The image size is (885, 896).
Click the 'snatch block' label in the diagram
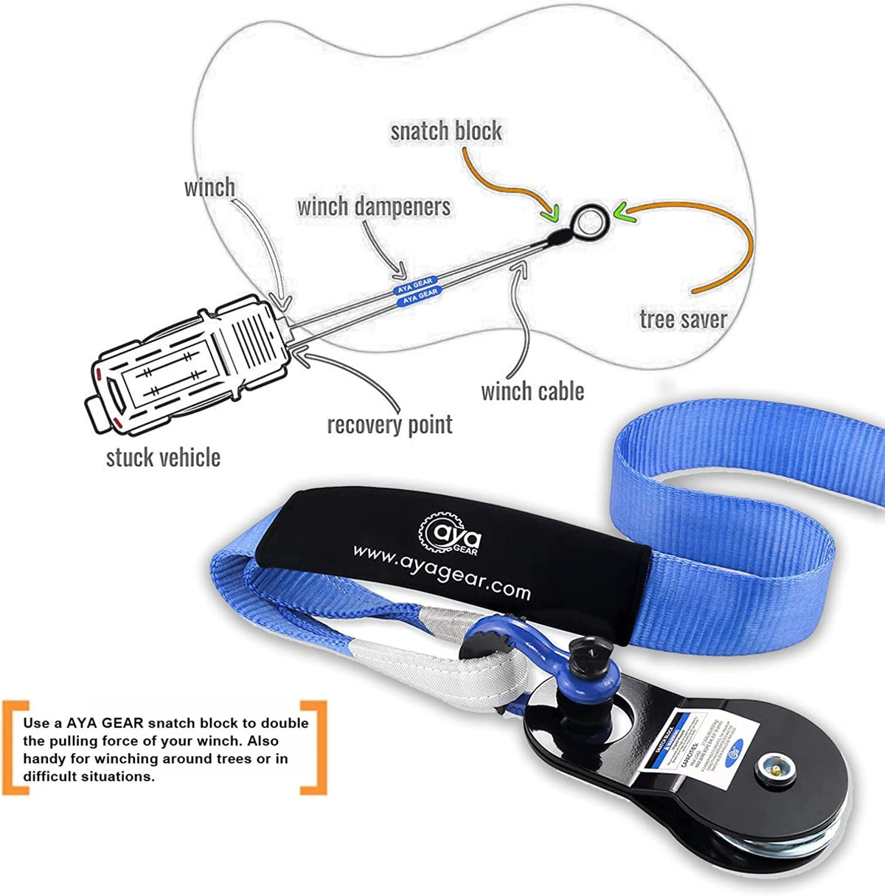445,131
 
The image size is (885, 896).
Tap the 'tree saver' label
683,319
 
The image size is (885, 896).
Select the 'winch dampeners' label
373,206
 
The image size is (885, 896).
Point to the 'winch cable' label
532,391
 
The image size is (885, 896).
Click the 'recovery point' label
389,425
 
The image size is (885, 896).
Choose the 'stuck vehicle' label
163,457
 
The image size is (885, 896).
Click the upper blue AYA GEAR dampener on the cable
414,282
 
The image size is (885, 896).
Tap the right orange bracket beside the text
315,747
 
